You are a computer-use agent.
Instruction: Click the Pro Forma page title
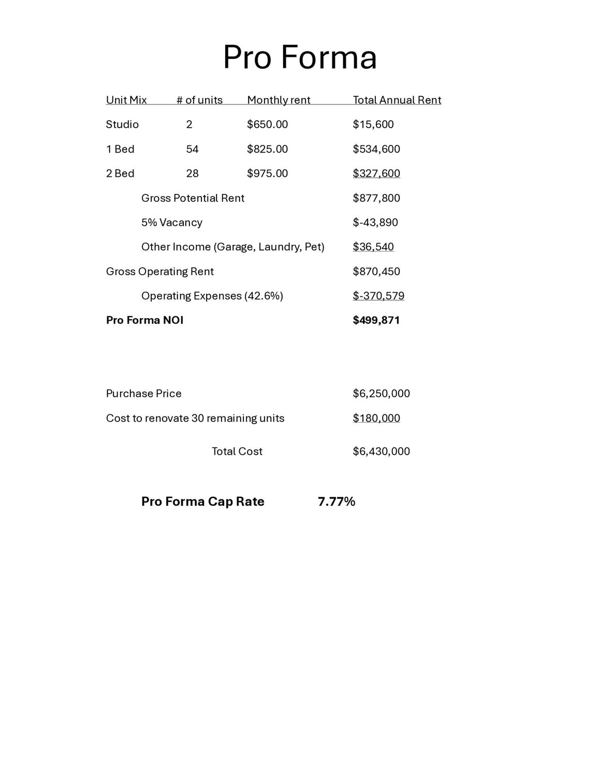300,57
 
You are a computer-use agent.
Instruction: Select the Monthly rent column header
279,100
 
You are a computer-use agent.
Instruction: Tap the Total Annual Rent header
397,100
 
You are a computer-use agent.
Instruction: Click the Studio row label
122,124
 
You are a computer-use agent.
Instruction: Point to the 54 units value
192,149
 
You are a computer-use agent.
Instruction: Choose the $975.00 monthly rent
267,173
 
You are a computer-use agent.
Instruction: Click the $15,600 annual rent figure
373,124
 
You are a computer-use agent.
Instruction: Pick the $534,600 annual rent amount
376,149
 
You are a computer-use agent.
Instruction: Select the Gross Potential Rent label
193,198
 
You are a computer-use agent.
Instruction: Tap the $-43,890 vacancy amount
375,222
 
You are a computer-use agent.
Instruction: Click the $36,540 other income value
373,247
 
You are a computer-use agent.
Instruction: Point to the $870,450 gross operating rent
376,271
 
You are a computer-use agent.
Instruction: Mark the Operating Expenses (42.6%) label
212,296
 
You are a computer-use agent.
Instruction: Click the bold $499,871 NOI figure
376,320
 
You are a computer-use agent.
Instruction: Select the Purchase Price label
143,393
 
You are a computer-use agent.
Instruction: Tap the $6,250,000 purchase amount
381,393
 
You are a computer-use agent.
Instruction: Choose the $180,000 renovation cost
376,418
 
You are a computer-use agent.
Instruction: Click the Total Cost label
237,451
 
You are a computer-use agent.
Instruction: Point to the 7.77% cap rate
336,501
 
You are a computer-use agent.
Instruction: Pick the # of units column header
199,100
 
